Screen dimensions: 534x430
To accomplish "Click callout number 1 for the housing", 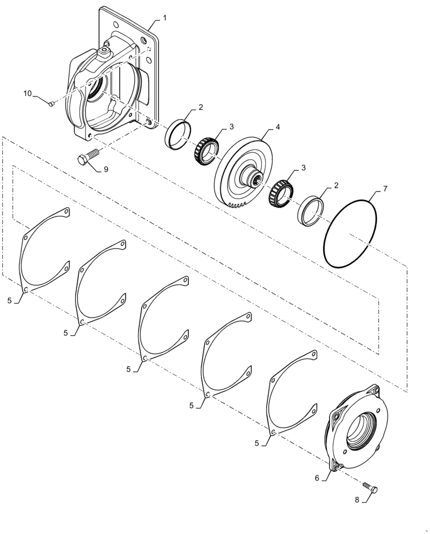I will coord(165,18).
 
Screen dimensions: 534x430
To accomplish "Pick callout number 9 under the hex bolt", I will coord(106,169).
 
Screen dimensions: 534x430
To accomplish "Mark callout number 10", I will coord(27,94).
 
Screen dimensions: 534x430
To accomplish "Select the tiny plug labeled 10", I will coord(50,104).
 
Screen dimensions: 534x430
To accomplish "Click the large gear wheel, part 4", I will coord(243,171).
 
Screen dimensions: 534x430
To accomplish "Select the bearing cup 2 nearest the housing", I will coord(176,135).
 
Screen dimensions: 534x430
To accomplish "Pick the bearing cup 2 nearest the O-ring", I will coord(311,210).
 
